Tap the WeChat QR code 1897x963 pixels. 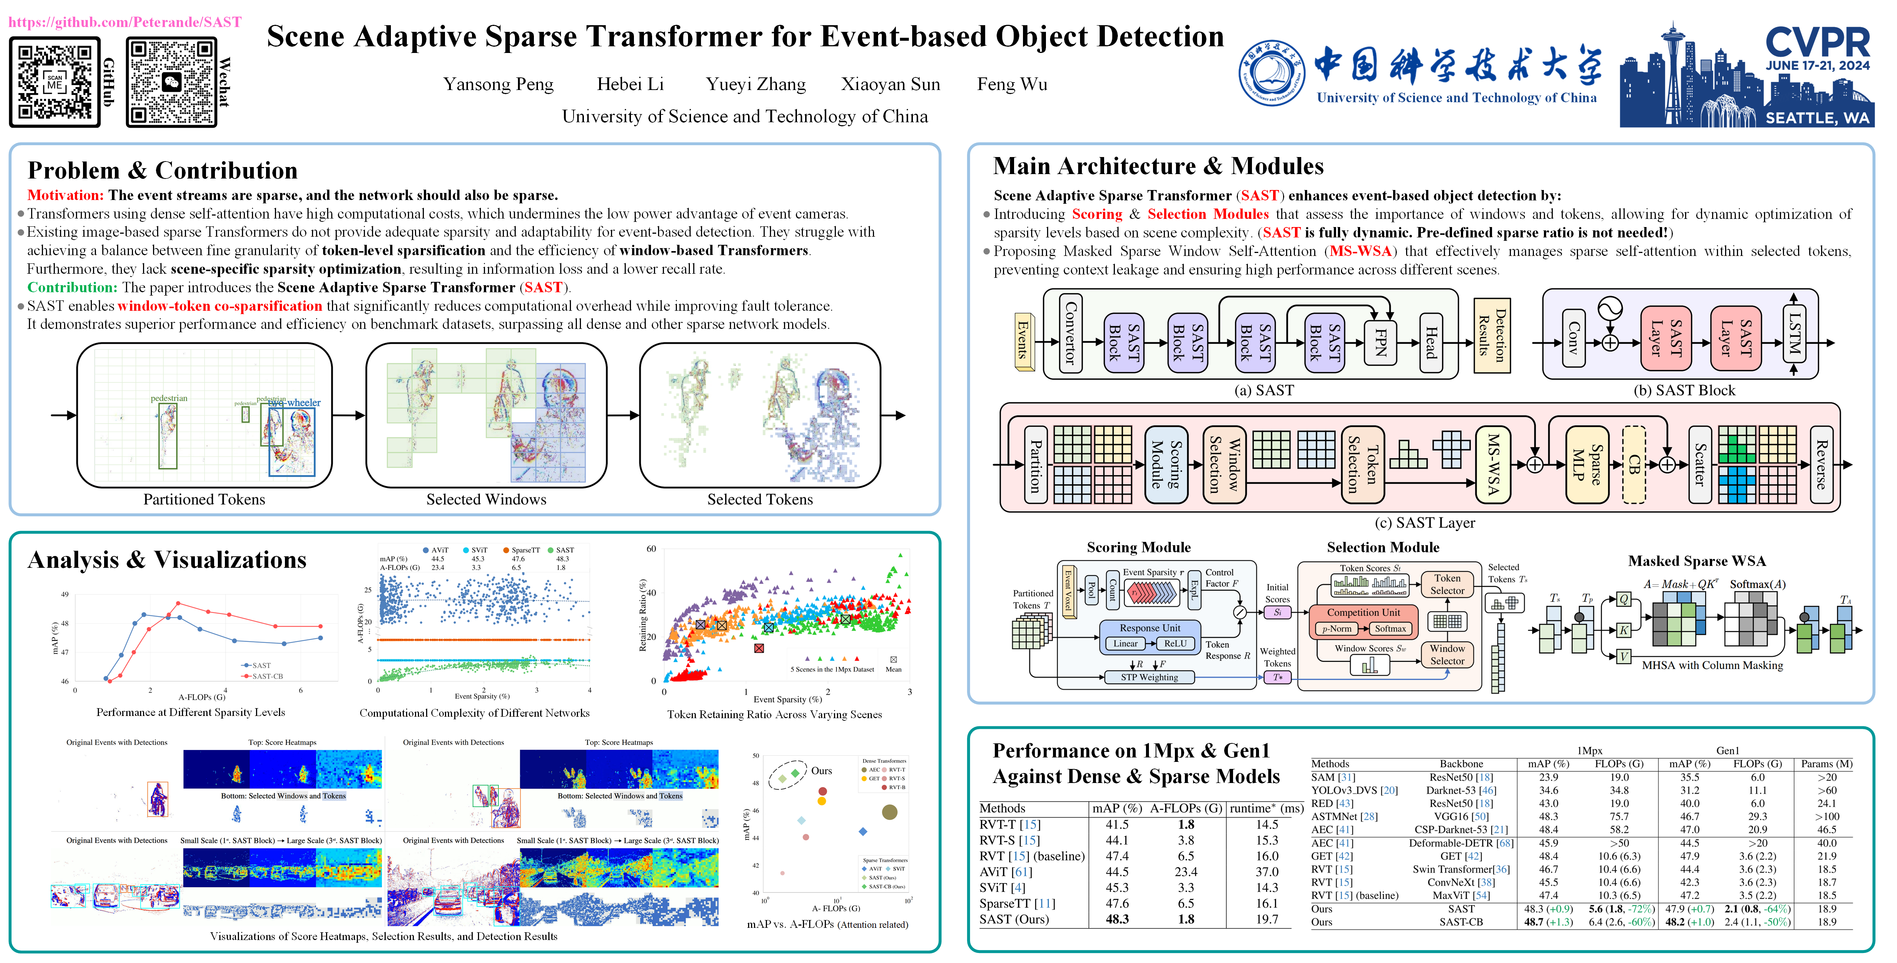[x=172, y=82]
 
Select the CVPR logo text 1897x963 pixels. [x=1817, y=43]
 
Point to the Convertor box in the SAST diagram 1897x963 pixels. [x=1070, y=333]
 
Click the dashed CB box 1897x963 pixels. [x=1634, y=464]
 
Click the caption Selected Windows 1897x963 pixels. [x=486, y=499]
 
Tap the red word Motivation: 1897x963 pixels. [x=65, y=195]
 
